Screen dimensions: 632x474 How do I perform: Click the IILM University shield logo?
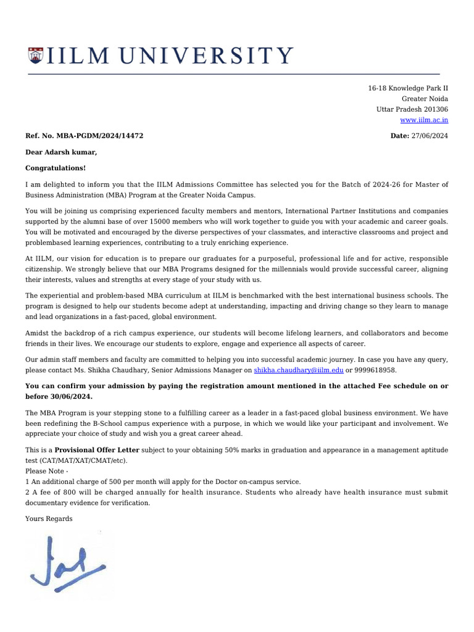tap(36, 56)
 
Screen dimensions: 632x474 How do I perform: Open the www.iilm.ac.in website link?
tap(424, 120)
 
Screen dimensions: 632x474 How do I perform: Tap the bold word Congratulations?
tap(56, 168)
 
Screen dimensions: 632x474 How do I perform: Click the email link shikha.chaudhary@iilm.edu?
tap(299, 370)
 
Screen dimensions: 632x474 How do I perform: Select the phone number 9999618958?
tap(376, 370)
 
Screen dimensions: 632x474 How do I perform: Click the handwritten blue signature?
tap(68, 563)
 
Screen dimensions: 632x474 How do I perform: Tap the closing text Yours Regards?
tap(49, 519)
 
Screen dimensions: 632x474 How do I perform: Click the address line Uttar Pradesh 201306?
tap(412, 109)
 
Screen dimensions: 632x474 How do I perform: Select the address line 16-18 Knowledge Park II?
tap(408, 88)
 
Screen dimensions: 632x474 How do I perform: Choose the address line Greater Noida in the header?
tap(425, 99)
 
